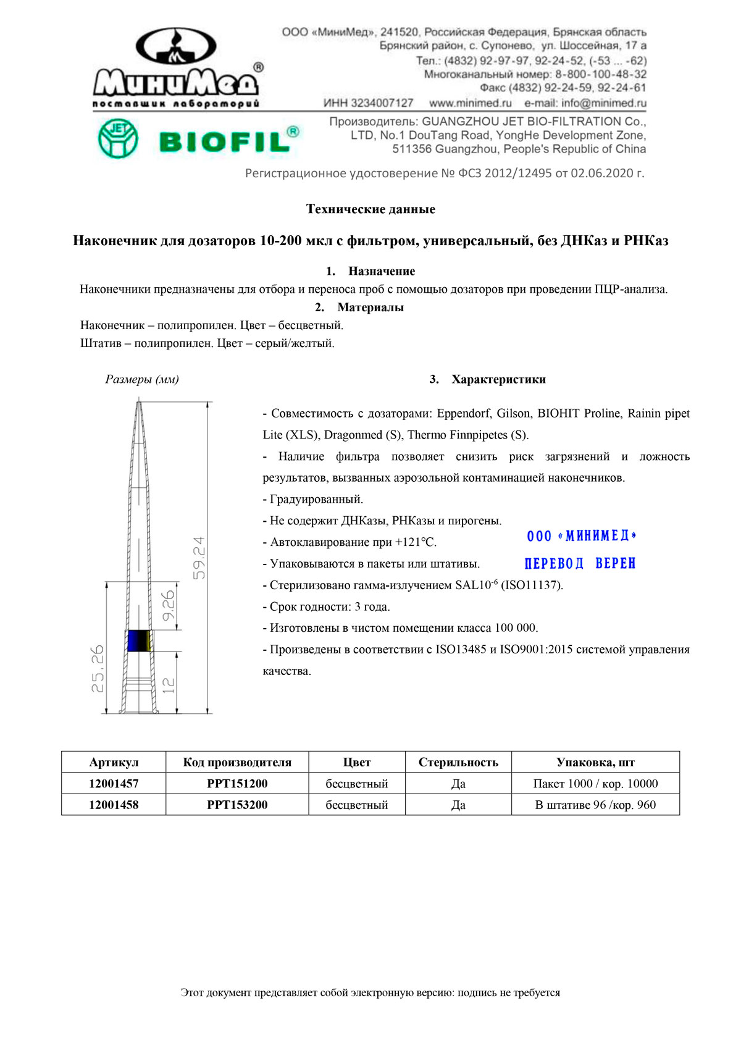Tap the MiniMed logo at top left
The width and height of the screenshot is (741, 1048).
[x=177, y=68]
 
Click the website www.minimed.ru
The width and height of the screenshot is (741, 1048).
[x=471, y=103]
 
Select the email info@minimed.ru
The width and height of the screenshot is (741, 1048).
[x=585, y=103]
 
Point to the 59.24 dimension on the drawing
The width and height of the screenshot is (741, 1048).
[x=199, y=558]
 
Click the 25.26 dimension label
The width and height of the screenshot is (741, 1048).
[x=98, y=668]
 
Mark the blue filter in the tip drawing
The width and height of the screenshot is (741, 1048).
[x=137, y=640]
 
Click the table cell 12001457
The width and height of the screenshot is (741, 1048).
[x=114, y=784]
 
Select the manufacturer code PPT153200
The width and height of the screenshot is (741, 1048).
[x=237, y=805]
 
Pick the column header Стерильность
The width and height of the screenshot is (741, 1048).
[x=458, y=762]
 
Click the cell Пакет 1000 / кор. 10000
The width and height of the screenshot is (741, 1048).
[x=595, y=784]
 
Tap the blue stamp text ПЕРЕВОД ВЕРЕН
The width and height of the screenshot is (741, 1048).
[x=580, y=563]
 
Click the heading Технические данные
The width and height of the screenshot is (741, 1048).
[x=371, y=209]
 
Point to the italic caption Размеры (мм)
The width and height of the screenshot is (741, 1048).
[x=142, y=379]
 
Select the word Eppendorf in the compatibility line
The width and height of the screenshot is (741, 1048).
[x=464, y=414]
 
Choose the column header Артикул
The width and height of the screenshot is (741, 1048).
[x=114, y=762]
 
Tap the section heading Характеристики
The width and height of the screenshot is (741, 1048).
[x=498, y=379]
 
